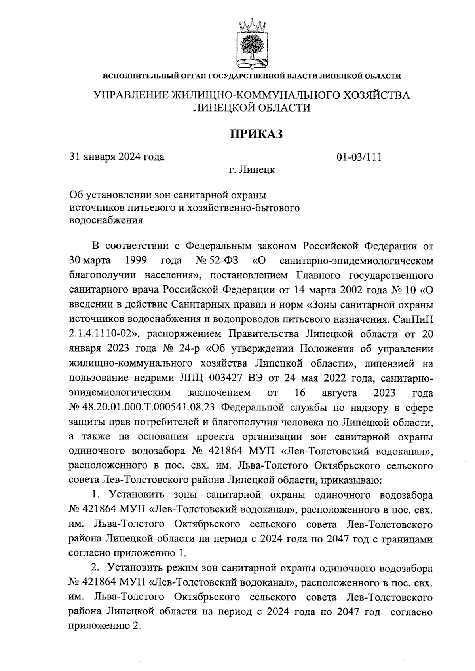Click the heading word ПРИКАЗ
pyautogui.click(x=256, y=134)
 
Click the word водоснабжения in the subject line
pyautogui.click(x=106, y=221)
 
